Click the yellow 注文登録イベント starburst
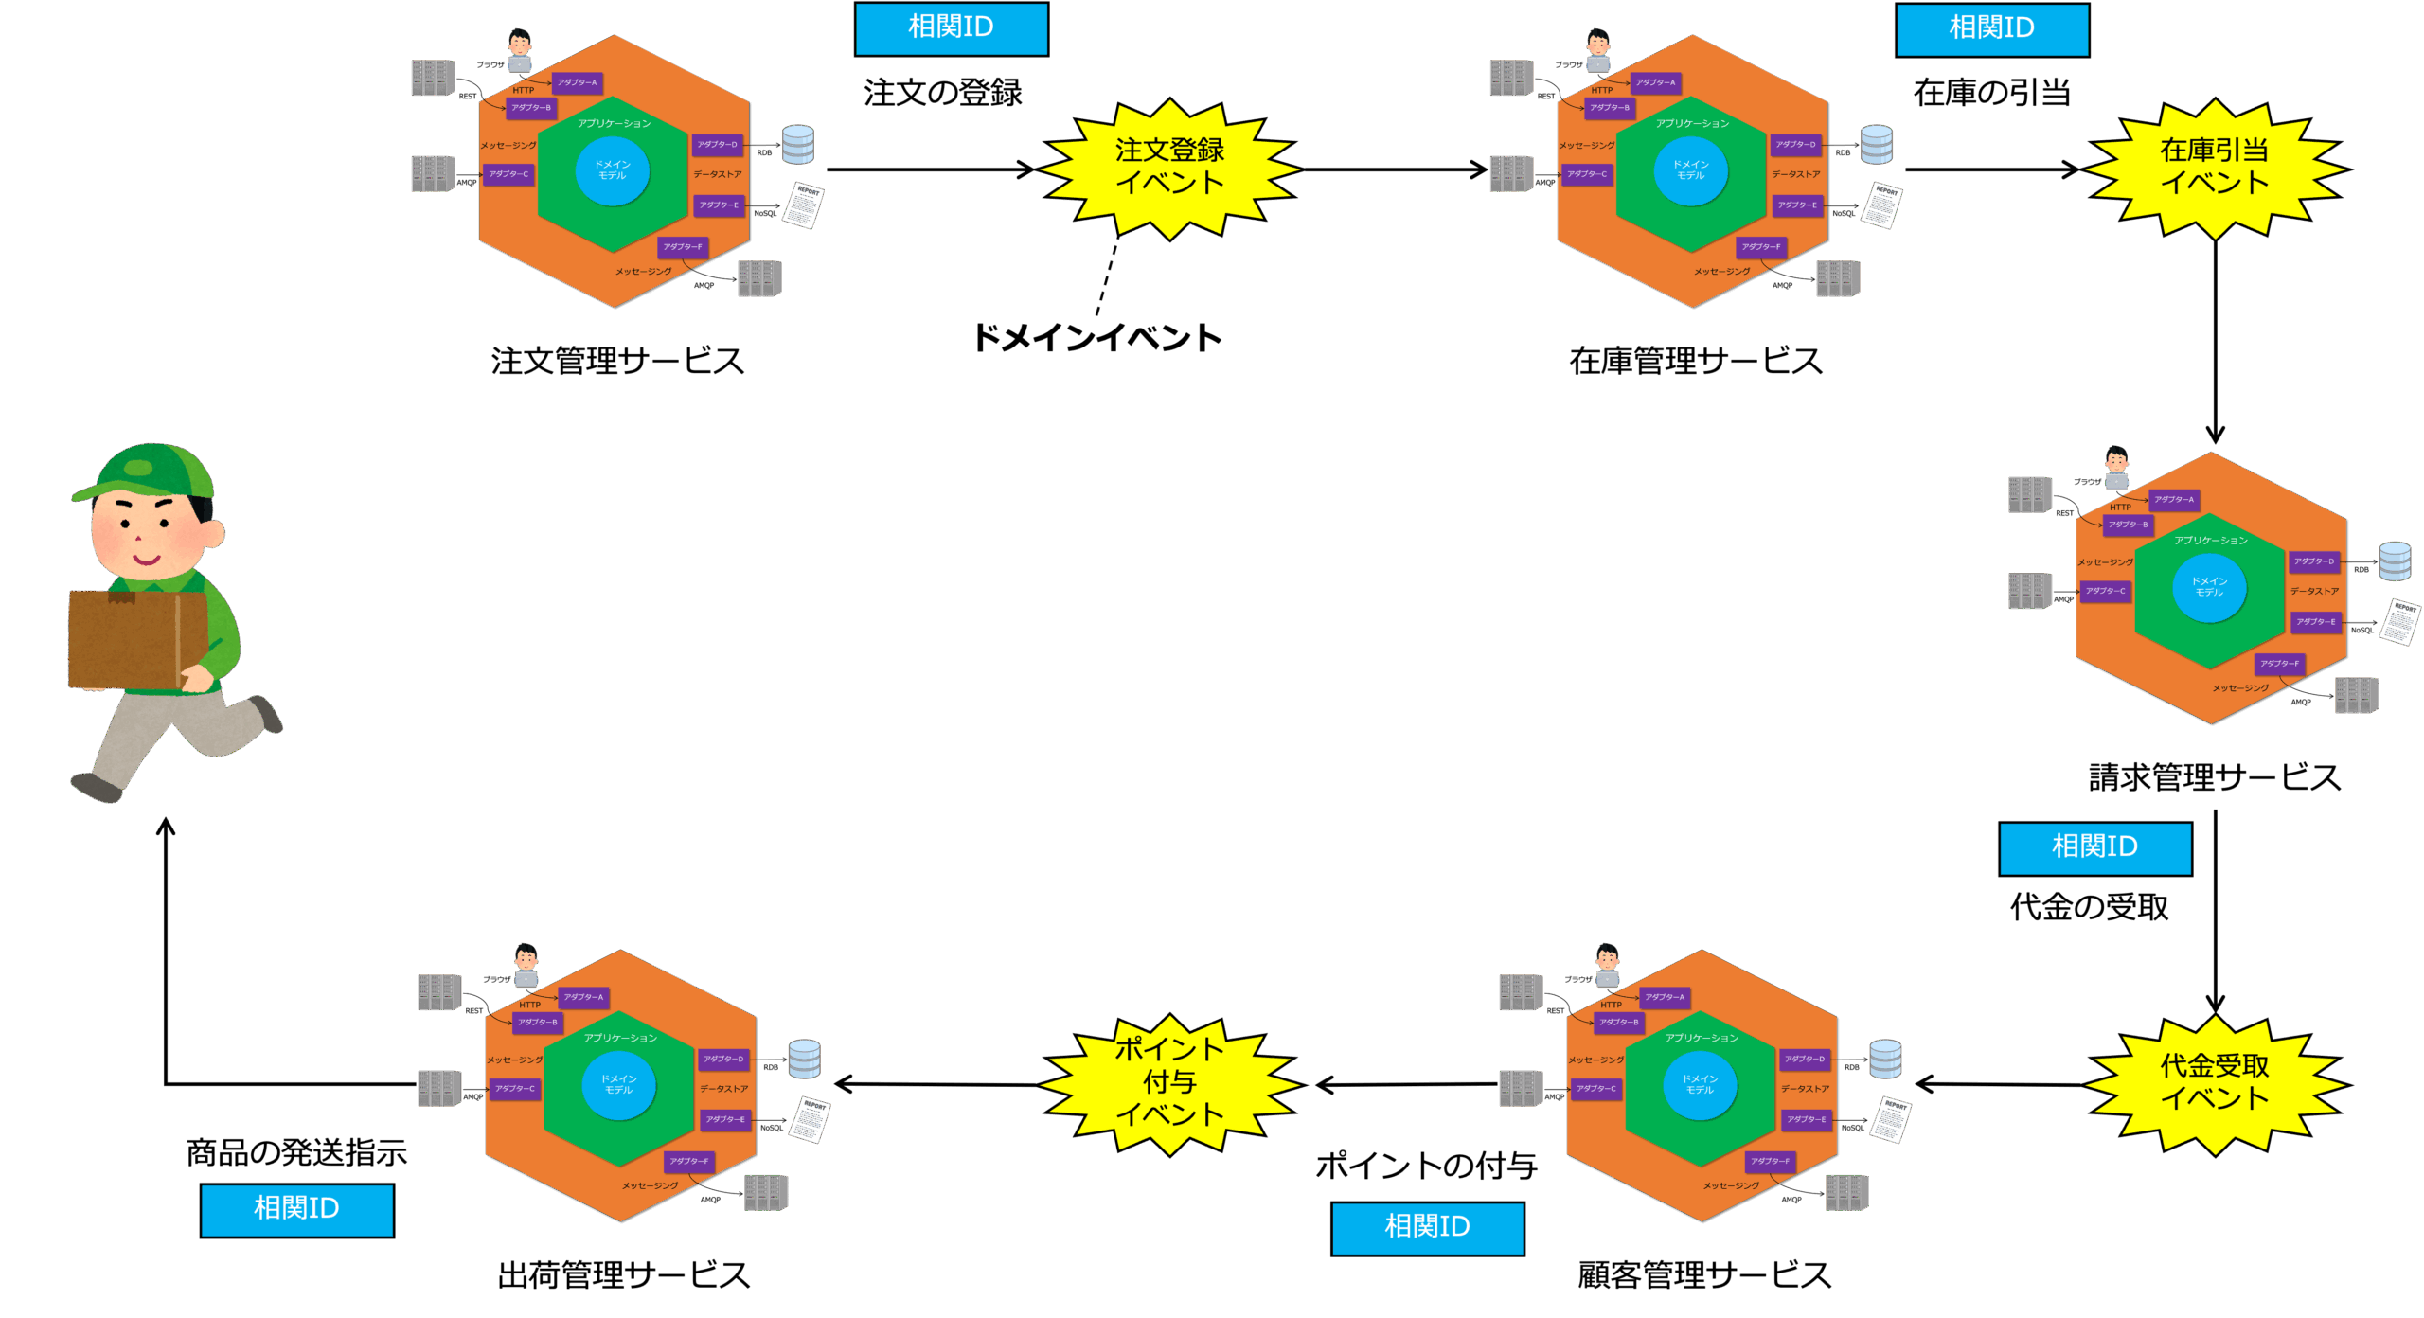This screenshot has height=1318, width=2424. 1169,169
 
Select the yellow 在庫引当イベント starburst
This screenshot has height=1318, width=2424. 2214,169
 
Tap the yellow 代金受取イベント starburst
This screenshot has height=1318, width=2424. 2214,1084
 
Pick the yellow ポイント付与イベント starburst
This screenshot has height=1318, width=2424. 1169,1083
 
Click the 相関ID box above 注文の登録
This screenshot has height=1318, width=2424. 951,28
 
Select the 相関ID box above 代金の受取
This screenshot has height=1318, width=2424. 2094,847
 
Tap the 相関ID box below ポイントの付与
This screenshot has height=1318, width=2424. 1427,1228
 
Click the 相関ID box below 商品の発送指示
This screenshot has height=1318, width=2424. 296,1209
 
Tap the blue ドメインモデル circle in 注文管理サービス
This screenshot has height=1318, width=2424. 613,170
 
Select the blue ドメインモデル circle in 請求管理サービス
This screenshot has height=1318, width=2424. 2209,587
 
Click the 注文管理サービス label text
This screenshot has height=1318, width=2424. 617,361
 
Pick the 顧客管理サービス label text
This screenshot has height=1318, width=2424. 1704,1275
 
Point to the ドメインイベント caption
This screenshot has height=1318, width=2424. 1097,338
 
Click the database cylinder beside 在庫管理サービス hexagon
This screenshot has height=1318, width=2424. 1876,145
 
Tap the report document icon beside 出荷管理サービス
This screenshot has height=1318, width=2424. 810,1120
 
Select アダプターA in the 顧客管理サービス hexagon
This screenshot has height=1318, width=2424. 1664,997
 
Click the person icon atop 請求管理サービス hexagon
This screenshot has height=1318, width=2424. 2116,469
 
